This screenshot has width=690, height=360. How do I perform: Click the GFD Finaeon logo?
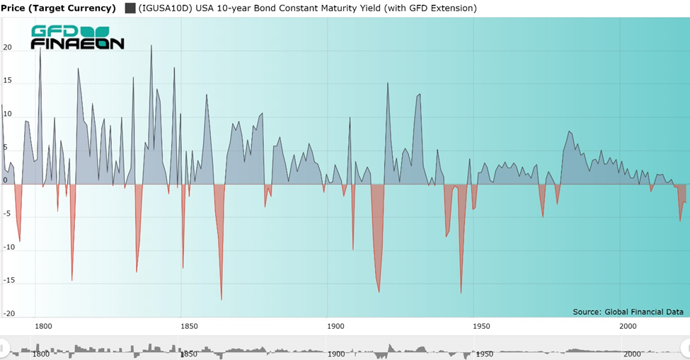click(x=77, y=37)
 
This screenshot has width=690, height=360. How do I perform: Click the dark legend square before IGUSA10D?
click(x=130, y=8)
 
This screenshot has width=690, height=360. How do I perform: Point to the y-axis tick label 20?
click(x=8, y=47)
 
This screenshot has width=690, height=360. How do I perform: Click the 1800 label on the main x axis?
click(x=43, y=326)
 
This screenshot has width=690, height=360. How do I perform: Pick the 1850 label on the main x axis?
click(x=189, y=326)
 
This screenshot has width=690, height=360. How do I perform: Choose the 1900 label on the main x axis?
click(x=335, y=326)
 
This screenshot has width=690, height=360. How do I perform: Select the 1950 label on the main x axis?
click(x=482, y=326)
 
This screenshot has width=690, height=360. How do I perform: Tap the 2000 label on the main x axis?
click(x=628, y=326)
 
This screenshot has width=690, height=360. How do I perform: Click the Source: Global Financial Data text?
click(x=628, y=311)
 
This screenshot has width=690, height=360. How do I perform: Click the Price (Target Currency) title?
click(x=58, y=8)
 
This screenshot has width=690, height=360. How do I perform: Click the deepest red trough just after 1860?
click(x=222, y=298)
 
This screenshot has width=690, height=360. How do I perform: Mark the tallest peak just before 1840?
click(x=151, y=46)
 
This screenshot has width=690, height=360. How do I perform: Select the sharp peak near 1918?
click(x=388, y=83)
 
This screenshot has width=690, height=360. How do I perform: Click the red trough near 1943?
click(x=461, y=291)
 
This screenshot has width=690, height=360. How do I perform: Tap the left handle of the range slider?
click(x=4, y=347)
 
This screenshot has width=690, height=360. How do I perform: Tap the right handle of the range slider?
click(x=685, y=347)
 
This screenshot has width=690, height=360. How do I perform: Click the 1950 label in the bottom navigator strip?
click(x=485, y=354)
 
